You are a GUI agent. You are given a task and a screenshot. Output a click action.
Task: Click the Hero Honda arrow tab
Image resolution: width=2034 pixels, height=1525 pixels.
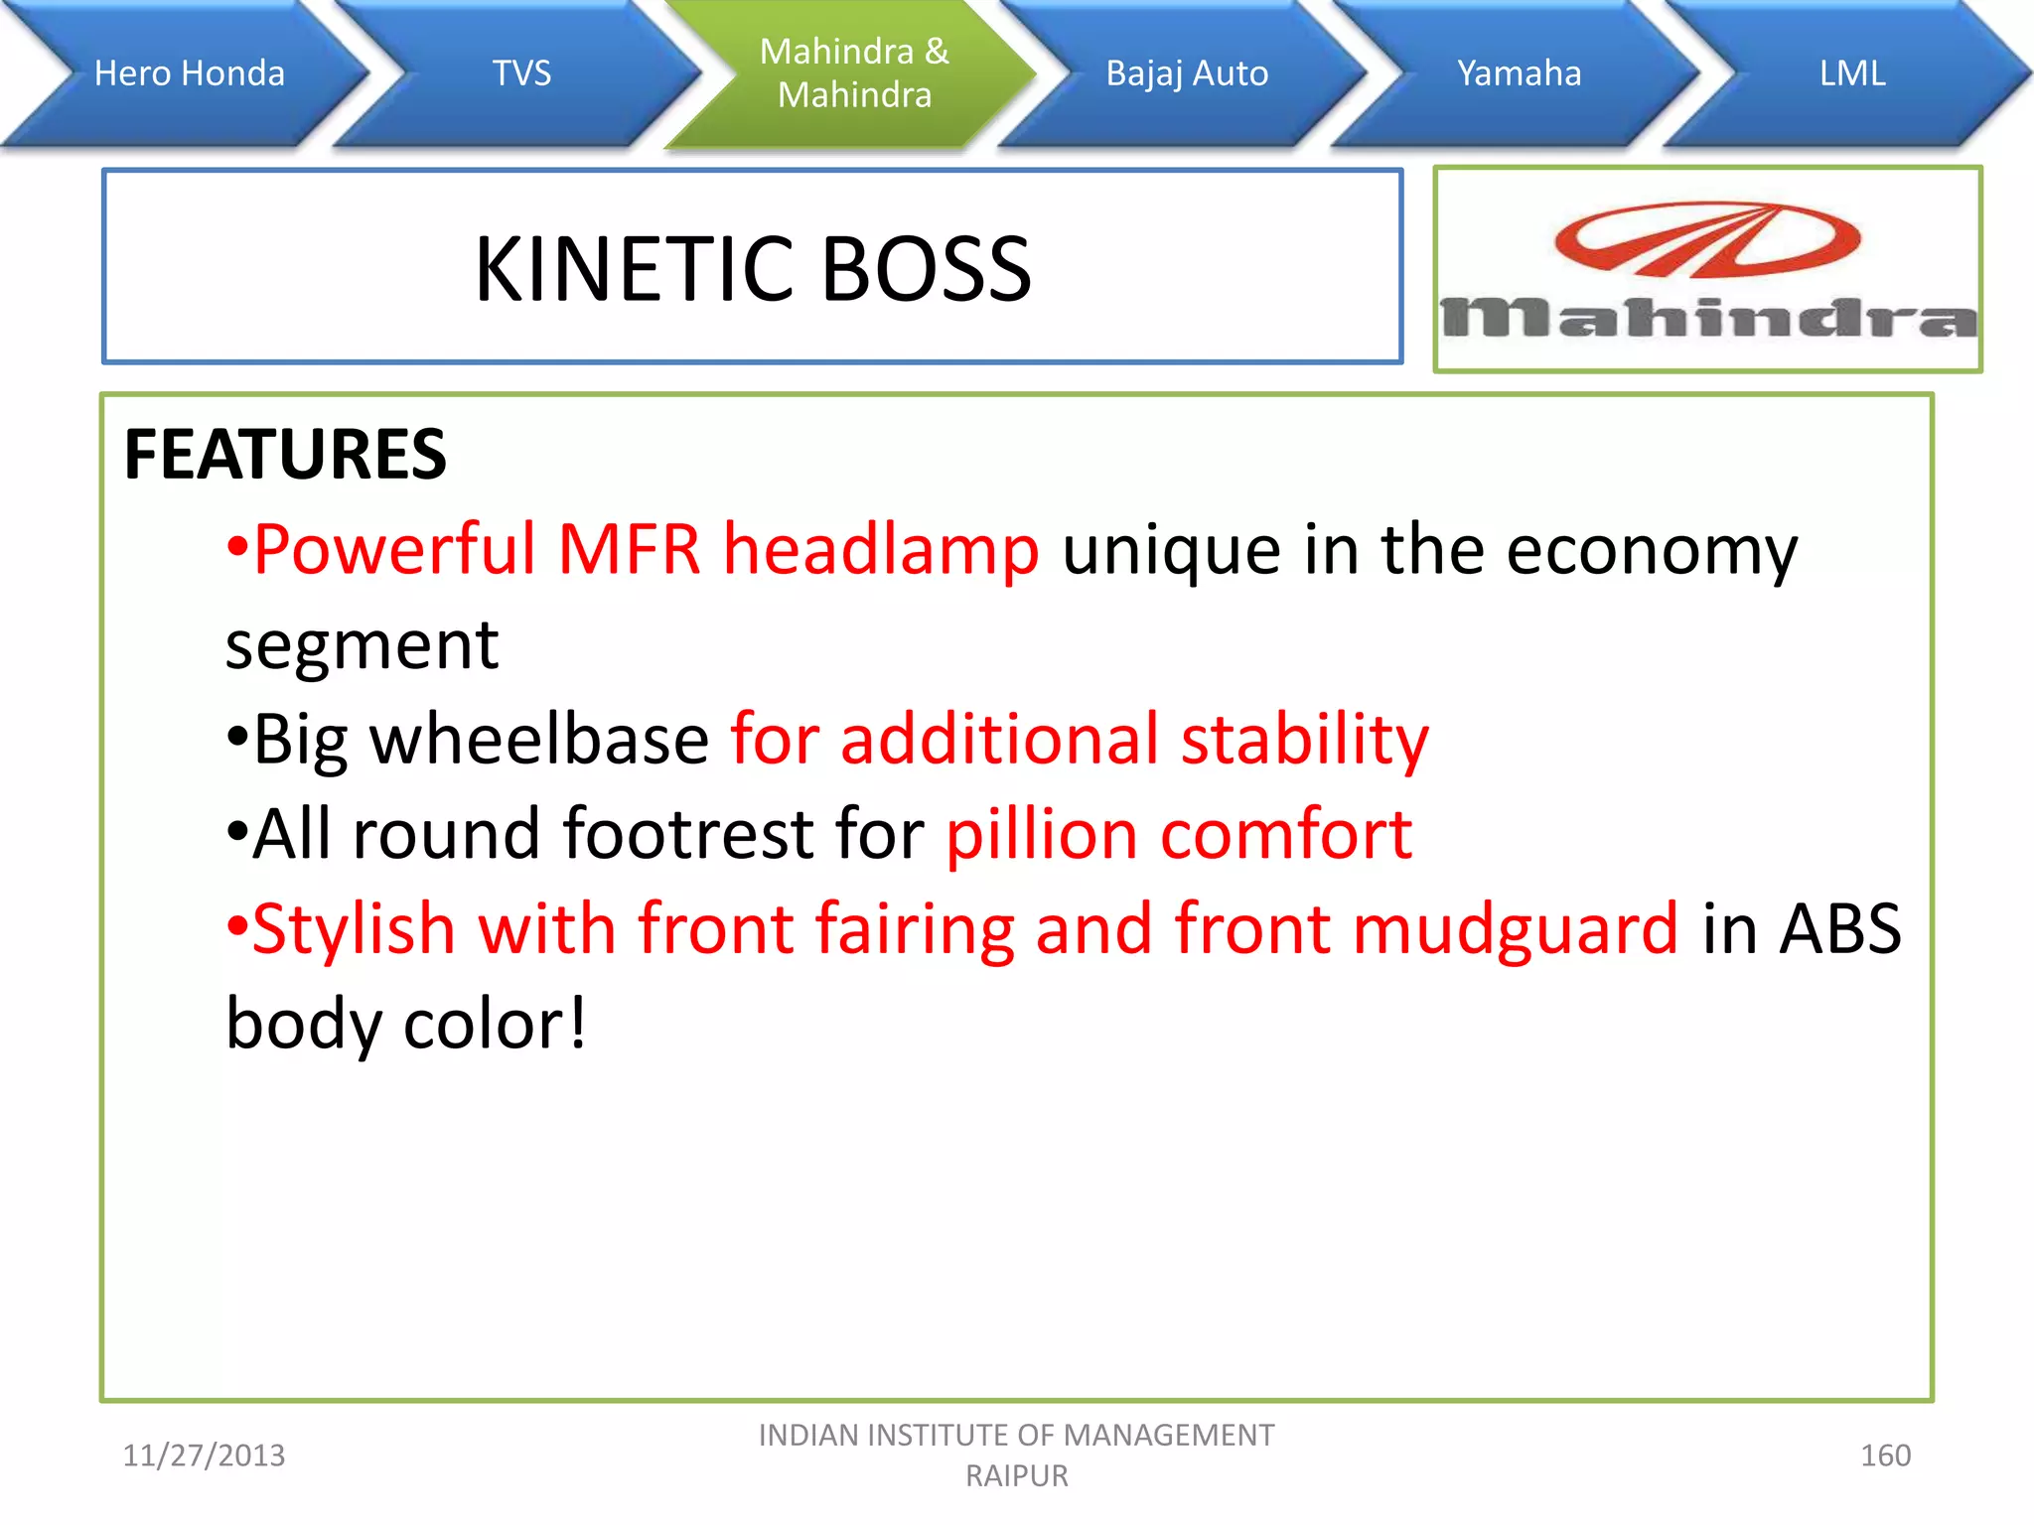coord(189,73)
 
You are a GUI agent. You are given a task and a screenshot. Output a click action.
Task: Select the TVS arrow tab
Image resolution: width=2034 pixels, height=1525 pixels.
coord(521,73)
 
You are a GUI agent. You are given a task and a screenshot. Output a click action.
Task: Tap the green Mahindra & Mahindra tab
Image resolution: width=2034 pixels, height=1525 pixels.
coord(854,73)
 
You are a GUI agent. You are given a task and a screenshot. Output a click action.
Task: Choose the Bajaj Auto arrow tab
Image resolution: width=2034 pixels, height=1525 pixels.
coord(1187,73)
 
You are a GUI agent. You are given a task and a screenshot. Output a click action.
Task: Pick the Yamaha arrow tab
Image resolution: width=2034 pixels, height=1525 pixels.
coord(1519,73)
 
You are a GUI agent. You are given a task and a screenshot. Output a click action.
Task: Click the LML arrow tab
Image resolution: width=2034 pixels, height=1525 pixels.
coord(1851,73)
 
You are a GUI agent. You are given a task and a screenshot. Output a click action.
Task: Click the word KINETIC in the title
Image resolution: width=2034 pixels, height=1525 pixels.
coord(636,269)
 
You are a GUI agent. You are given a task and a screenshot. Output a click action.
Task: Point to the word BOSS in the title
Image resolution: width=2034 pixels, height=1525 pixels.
coord(927,269)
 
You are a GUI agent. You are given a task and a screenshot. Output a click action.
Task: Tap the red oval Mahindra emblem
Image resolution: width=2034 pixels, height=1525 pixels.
coord(1707,239)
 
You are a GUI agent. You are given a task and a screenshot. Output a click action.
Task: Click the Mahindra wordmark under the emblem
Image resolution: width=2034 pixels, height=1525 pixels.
coord(1708,319)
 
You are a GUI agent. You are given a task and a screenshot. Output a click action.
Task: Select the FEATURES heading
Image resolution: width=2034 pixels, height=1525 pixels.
coord(285,455)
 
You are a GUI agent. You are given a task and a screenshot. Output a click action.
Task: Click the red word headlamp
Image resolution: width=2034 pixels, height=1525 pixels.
coord(881,549)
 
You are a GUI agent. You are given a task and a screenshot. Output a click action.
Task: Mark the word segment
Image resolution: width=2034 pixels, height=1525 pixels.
coord(362,645)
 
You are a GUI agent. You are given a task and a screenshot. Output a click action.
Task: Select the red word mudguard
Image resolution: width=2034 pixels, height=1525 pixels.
coord(1515,929)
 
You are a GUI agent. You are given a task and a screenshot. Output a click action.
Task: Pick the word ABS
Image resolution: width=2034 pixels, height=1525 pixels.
coord(1839,929)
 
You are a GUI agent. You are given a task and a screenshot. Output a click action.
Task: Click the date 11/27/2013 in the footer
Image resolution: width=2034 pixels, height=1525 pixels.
coord(204,1456)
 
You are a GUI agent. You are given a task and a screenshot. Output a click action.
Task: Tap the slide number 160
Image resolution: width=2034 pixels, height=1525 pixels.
coord(1885,1456)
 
